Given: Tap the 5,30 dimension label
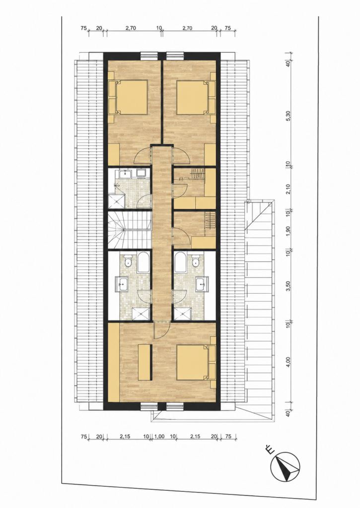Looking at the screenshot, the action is [288, 115].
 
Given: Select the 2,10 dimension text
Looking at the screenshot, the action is [288, 189].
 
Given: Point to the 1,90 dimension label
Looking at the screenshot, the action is [288, 231].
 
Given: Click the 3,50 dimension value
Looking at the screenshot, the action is [288, 286].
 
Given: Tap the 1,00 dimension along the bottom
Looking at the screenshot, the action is [158, 437].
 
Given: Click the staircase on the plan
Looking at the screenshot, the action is [130, 230].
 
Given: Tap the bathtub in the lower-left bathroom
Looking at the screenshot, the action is [143, 262].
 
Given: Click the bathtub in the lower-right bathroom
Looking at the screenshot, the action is [181, 262].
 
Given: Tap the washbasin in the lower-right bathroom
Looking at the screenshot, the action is [202, 284].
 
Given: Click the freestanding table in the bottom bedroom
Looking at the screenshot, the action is [144, 363].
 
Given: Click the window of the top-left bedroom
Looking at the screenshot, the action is [149, 56].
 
